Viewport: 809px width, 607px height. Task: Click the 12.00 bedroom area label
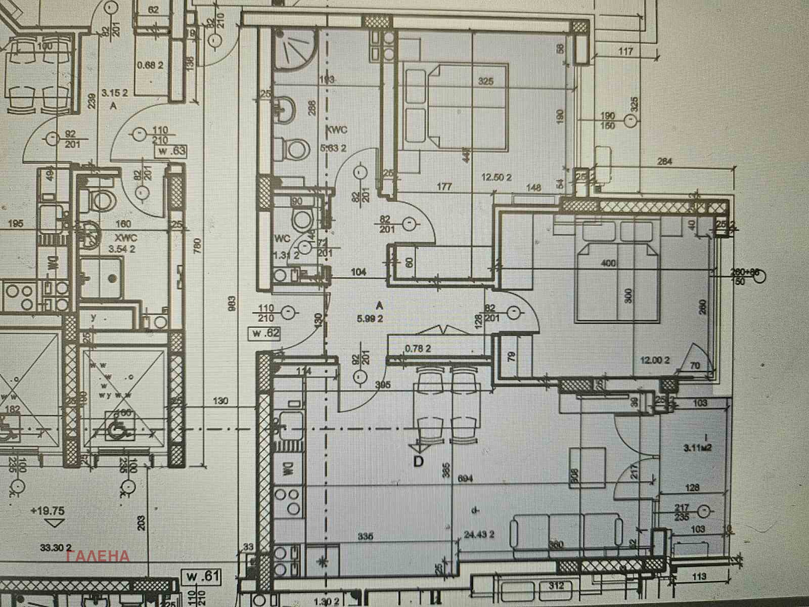(655, 360)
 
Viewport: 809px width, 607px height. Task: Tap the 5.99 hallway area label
(371, 319)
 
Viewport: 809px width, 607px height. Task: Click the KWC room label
(337, 129)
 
